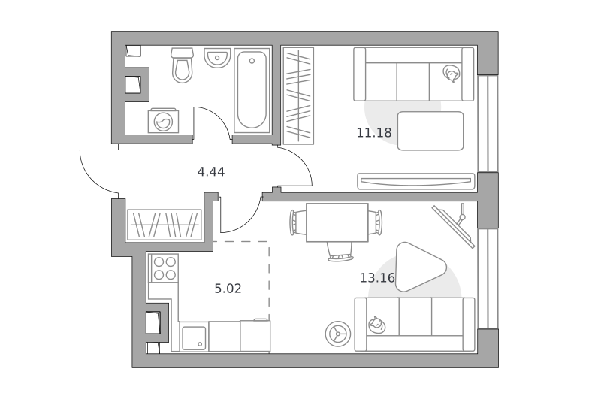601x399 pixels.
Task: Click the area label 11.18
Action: point(374,132)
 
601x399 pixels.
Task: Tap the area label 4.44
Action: point(211,172)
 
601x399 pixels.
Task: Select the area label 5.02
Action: point(228,289)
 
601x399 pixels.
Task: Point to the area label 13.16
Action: point(377,277)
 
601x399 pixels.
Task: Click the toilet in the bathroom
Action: point(182,65)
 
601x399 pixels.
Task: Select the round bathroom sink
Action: point(217,58)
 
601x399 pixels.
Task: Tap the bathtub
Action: point(252,90)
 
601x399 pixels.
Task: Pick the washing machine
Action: point(163,120)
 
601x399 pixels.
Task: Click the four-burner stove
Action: point(164,268)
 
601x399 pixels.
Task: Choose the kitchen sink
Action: point(194,337)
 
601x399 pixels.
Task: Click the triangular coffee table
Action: point(420,267)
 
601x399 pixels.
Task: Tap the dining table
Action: point(337,222)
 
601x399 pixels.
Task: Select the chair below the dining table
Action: point(340,252)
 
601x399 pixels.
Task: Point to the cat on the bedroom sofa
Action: point(452,73)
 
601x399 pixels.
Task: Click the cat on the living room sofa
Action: point(377,325)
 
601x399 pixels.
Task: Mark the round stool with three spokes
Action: point(337,334)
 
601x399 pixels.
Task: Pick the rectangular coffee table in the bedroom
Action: point(430,131)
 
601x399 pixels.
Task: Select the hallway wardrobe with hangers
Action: point(164,225)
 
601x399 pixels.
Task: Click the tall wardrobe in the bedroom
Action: point(298,96)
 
